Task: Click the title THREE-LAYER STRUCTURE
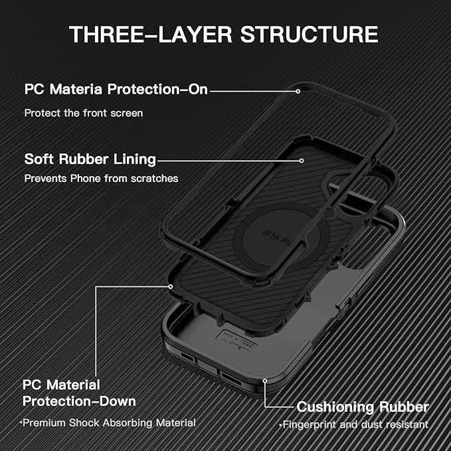tap(224, 34)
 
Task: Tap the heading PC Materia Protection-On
tap(116, 89)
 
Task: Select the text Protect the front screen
tap(84, 113)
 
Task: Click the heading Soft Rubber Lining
tap(90, 159)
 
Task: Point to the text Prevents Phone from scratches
tap(102, 179)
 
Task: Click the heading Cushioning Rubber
tap(363, 406)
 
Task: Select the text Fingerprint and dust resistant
tap(353, 424)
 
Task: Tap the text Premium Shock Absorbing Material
tap(107, 422)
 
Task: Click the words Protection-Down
tap(80, 401)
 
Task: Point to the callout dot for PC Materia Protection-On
tap(300, 89)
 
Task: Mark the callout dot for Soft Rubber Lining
tap(301, 159)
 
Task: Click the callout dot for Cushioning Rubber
tap(265, 381)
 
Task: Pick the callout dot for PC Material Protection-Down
tap(171, 286)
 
